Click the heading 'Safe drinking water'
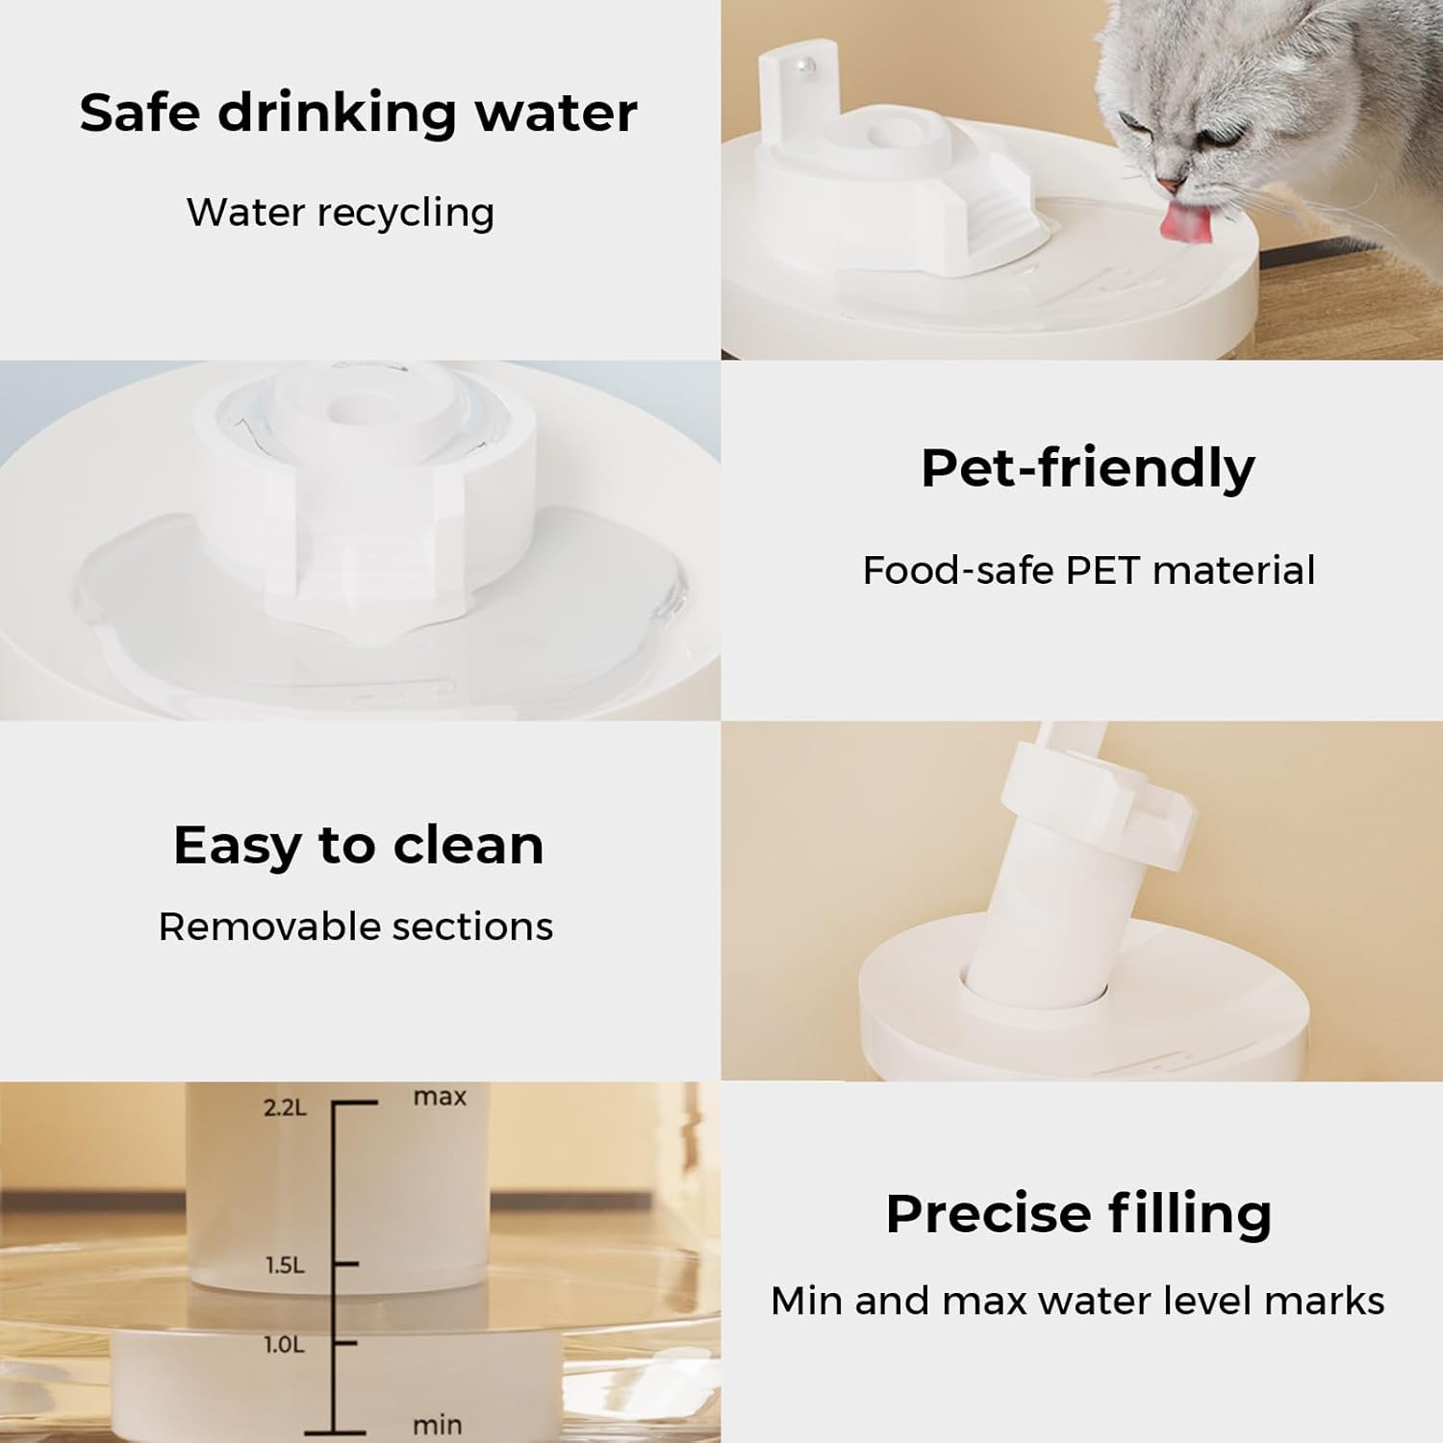[358, 113]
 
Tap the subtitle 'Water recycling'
[341, 213]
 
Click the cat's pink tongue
[1177, 222]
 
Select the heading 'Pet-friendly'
[1087, 468]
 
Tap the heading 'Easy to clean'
[358, 846]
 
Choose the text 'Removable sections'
[356, 926]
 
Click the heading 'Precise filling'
[1078, 1213]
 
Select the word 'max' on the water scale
[440, 1097]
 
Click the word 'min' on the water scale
[437, 1425]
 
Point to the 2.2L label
[285, 1107]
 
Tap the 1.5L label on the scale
[285, 1265]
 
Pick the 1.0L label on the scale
[284, 1344]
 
